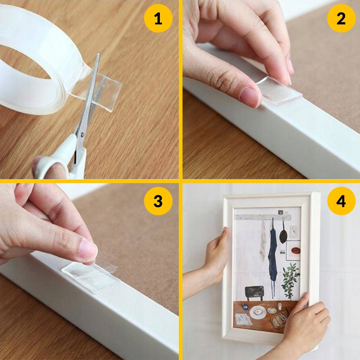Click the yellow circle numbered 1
tap(158, 19)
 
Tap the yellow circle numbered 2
tap(341, 19)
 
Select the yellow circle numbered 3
tap(158, 202)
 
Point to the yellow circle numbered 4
tap(341, 202)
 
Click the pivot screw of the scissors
tap(82, 134)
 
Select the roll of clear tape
tap(43, 62)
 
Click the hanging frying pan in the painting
tap(283, 235)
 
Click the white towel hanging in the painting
tap(263, 241)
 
